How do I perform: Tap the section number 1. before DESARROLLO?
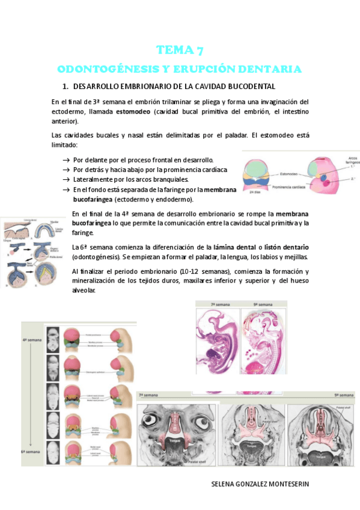tap(74, 87)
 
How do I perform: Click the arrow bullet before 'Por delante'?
tap(66, 161)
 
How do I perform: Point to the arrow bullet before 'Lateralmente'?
tap(66, 179)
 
